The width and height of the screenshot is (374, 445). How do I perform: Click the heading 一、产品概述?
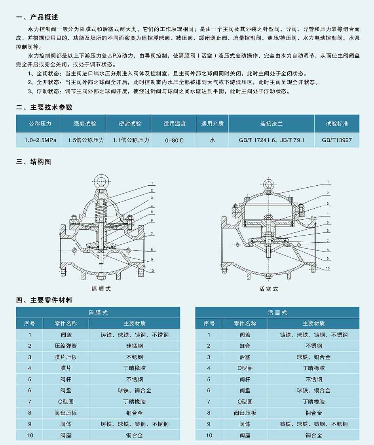coord(37,17)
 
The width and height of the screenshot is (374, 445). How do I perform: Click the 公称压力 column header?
coord(40,124)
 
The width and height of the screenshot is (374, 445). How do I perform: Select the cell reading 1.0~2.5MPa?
coord(40,140)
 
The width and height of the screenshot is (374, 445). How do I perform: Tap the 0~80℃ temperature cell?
coord(174,140)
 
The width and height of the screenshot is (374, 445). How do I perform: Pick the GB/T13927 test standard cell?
coord(337,140)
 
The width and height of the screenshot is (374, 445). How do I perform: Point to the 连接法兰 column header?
coord(271,124)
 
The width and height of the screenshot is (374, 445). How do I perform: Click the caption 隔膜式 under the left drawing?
coord(101,289)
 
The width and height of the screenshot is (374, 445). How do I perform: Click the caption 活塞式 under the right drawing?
coord(269,289)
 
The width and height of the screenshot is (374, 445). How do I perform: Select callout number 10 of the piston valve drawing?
coord(328,268)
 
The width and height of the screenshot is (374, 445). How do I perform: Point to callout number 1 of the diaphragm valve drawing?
coord(152,183)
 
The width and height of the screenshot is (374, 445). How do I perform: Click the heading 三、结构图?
coord(34,162)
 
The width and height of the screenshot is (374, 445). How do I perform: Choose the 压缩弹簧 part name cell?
coord(66,346)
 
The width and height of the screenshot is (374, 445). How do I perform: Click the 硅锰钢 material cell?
coord(135,346)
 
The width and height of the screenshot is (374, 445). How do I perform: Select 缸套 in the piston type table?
coord(245,346)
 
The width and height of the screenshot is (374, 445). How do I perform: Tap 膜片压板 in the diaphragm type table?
coord(66,357)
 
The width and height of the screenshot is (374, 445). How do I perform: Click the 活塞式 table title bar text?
coord(277,312)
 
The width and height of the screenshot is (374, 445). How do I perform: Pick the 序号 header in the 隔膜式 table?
coord(30,323)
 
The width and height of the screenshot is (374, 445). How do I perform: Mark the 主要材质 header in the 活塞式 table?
coord(313,323)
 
